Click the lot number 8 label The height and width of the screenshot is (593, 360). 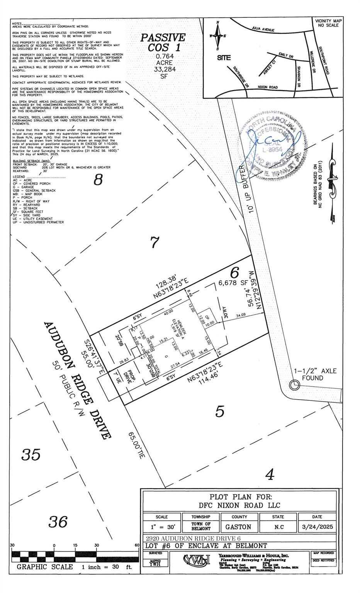tap(98, 180)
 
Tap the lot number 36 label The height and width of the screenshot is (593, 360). tap(58, 522)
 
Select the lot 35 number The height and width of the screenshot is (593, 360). tap(31, 454)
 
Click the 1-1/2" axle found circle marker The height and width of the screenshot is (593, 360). tap(294, 385)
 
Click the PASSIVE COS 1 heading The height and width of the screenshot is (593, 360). tap(163, 42)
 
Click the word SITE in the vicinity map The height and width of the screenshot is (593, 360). tap(224, 58)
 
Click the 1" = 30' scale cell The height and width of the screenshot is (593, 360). tap(162, 527)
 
